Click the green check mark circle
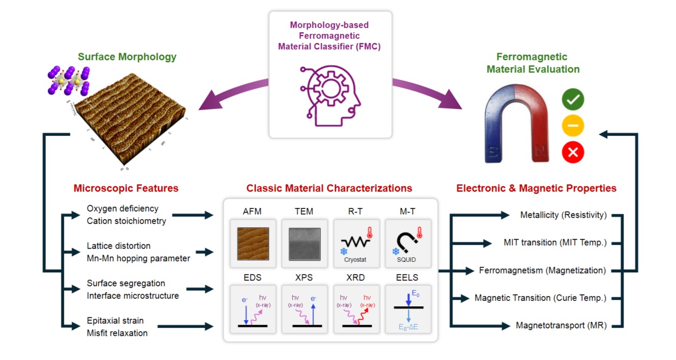pos(573,99)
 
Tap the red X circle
pos(573,153)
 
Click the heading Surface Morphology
pos(127,56)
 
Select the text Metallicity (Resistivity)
pos(563,215)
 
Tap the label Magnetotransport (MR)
pos(561,325)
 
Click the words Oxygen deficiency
pos(123,208)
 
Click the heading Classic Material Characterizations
pos(329,189)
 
